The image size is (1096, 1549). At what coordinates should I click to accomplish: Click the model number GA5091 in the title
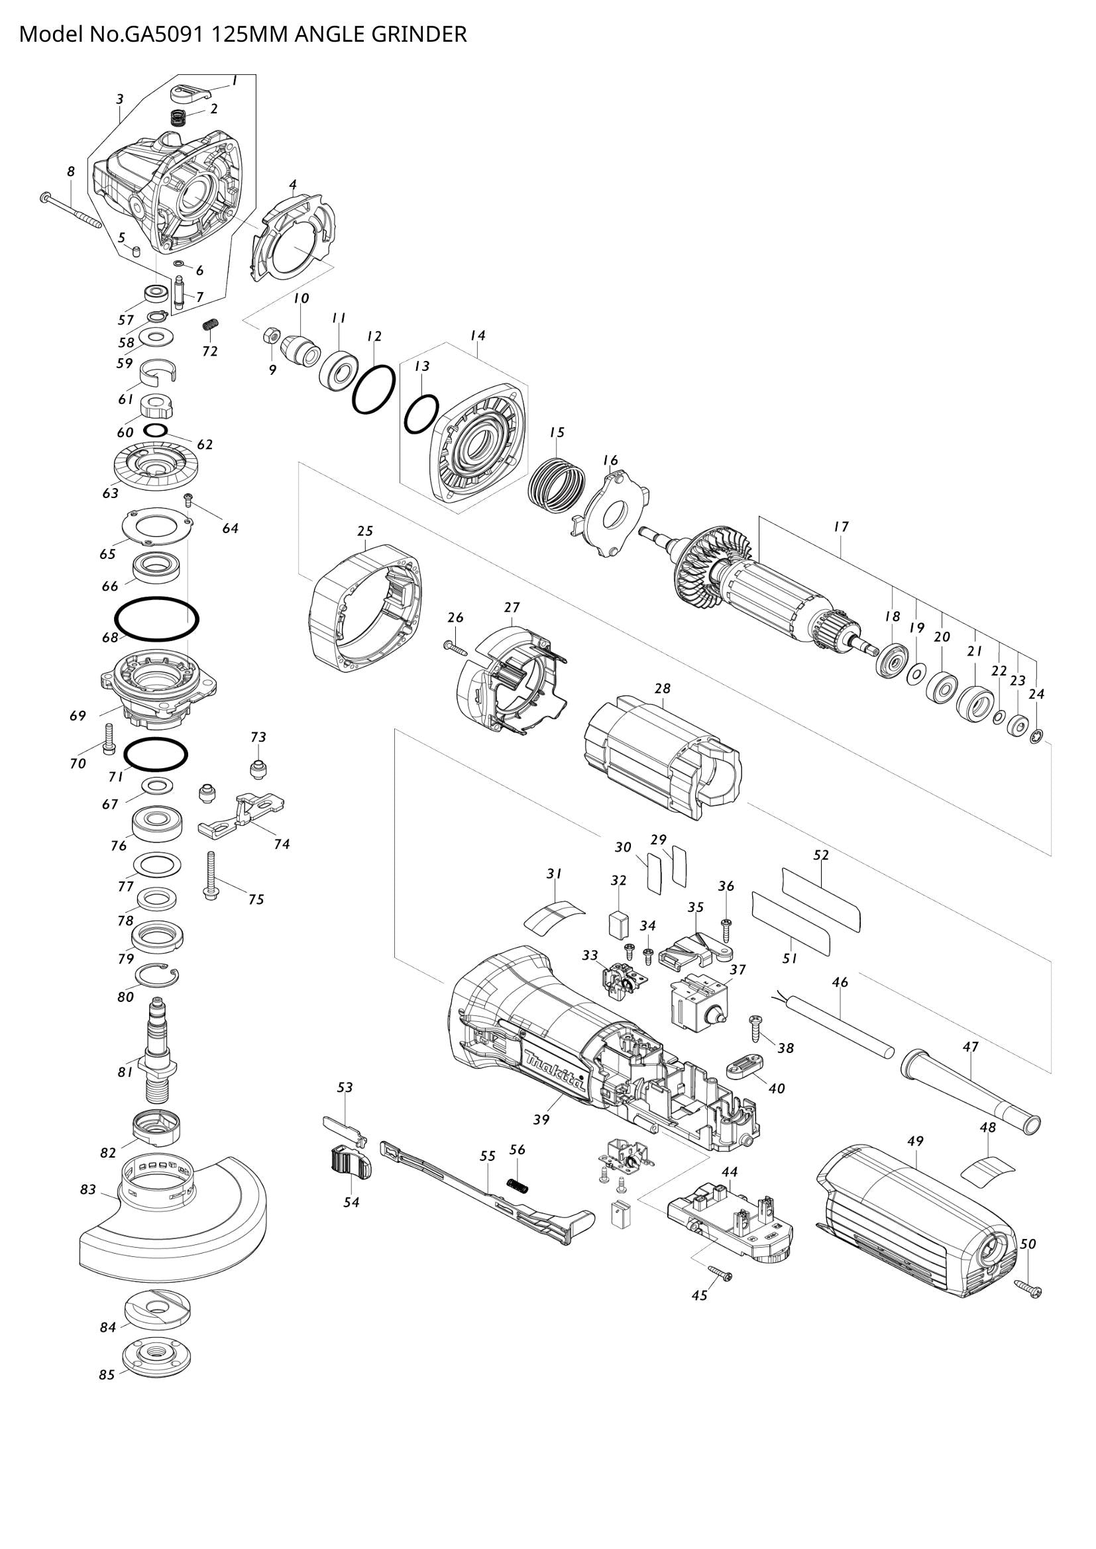(x=162, y=34)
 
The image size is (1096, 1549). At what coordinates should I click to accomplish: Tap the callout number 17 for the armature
(x=841, y=527)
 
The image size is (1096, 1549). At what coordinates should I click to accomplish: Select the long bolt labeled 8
(x=70, y=209)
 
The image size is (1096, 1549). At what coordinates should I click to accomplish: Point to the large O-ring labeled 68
(x=156, y=619)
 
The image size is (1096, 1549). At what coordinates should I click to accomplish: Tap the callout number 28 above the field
(x=663, y=689)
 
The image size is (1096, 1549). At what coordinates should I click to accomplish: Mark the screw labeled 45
(x=719, y=1273)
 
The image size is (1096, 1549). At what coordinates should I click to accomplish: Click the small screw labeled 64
(x=189, y=499)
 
